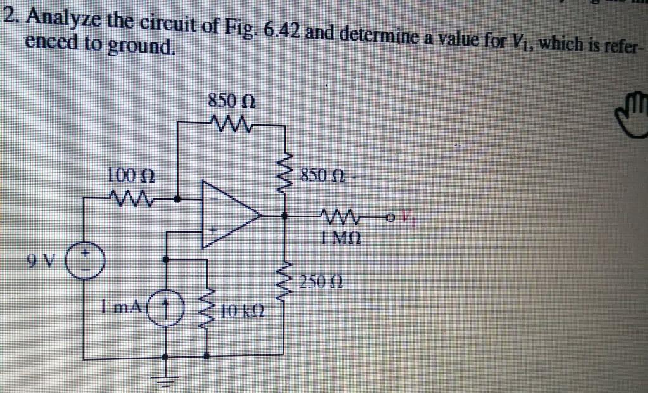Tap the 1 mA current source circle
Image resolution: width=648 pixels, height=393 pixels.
(x=167, y=310)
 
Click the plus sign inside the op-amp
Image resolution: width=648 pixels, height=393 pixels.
(x=214, y=231)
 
